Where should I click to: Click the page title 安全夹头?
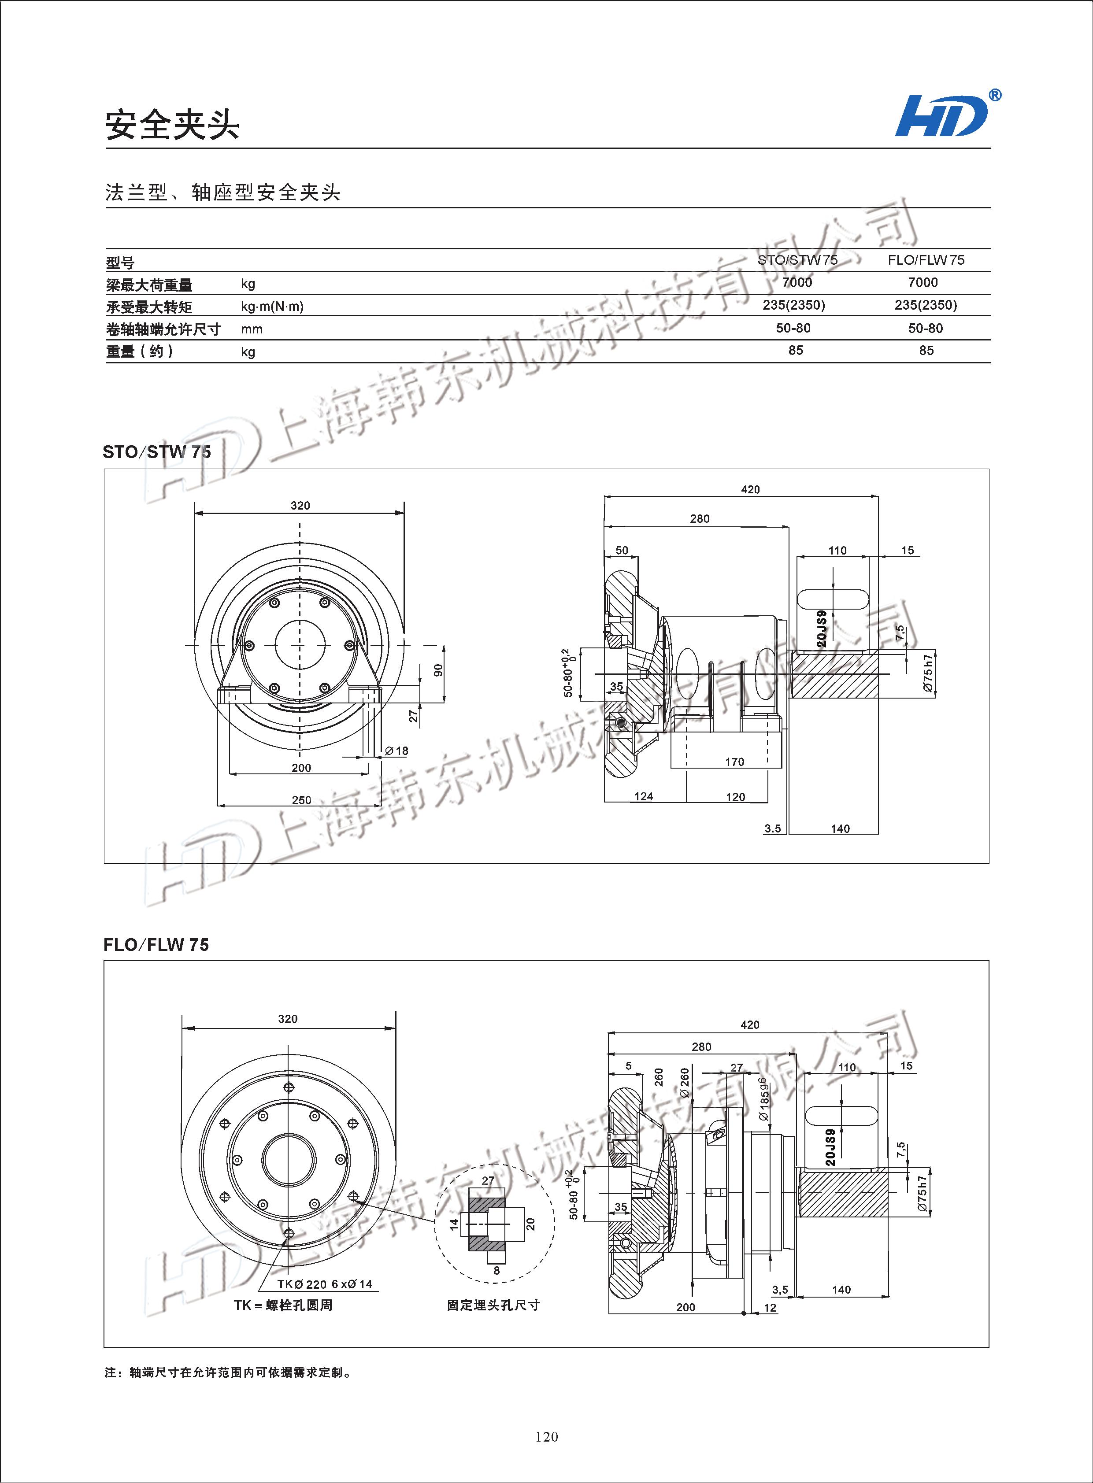(172, 124)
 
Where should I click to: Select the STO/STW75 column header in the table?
(797, 260)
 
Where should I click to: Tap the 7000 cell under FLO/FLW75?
(923, 282)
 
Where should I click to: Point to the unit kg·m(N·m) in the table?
(272, 306)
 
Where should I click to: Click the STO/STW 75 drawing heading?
(157, 452)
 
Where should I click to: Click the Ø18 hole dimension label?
(396, 751)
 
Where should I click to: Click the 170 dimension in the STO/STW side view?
(734, 762)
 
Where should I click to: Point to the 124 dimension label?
(643, 796)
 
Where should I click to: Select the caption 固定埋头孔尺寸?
(493, 1305)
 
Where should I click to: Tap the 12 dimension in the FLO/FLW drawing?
(770, 1308)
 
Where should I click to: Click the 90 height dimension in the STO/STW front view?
(438, 670)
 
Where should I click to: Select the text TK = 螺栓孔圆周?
(282, 1305)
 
